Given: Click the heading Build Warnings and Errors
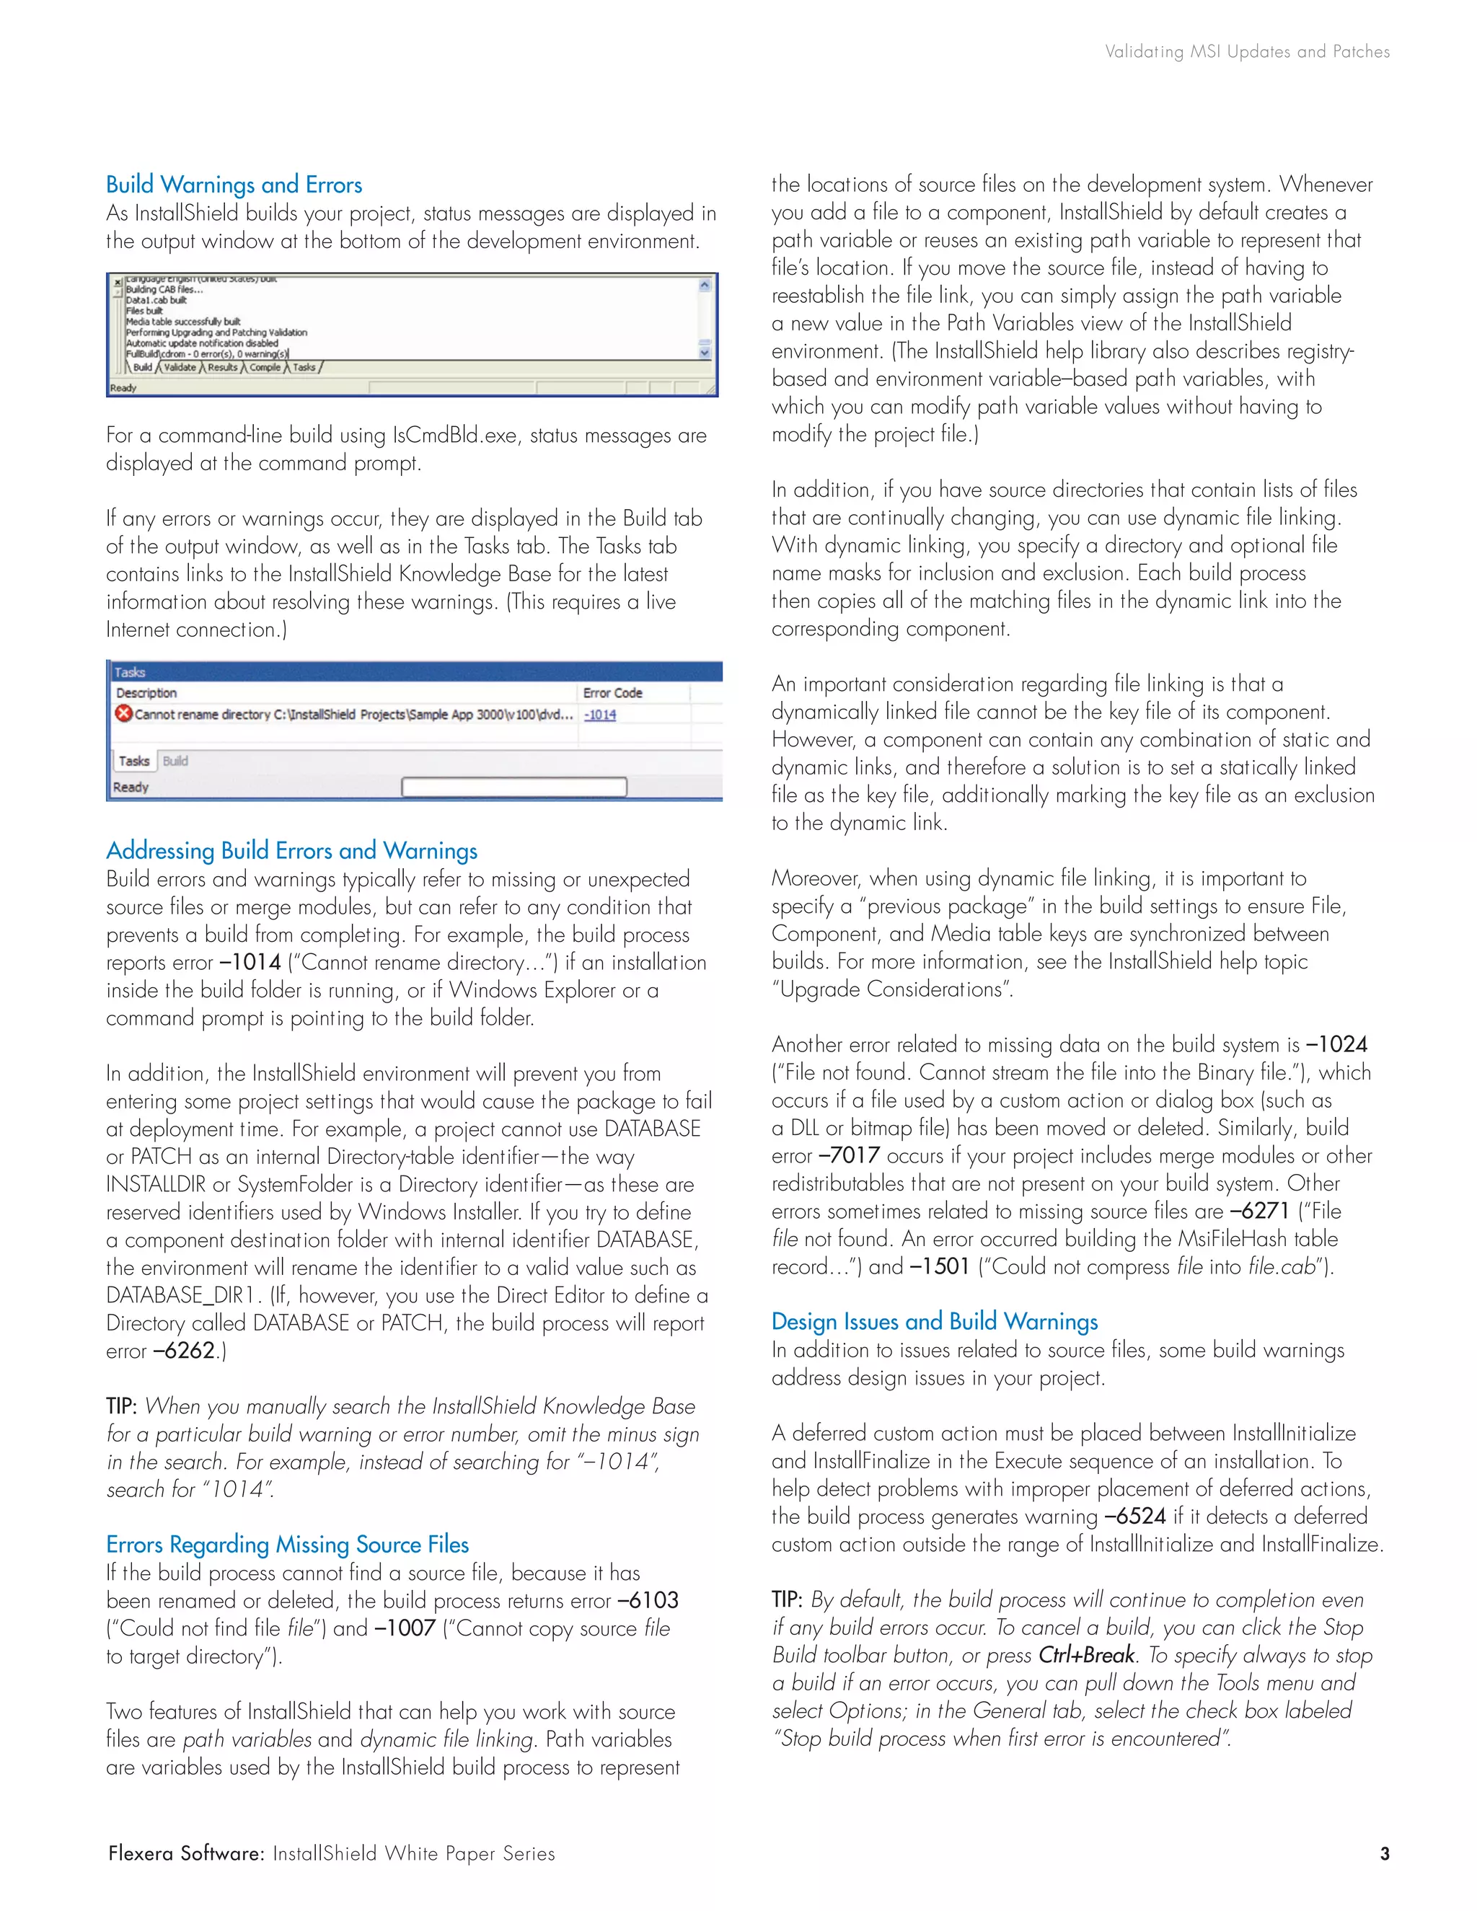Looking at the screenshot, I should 234,185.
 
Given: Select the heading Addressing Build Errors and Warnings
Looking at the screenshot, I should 291,850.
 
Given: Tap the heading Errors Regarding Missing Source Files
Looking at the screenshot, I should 287,1545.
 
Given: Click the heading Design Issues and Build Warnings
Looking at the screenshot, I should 935,1321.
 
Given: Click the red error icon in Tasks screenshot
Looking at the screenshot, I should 123,714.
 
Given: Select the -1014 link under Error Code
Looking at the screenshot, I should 600,715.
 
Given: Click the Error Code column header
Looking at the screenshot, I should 612,693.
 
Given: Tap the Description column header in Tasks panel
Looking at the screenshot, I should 146,693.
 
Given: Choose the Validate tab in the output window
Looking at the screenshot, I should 180,368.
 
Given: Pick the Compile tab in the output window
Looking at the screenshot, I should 264,368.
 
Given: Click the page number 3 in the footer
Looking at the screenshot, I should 1384,1853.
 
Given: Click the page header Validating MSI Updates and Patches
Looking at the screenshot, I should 1247,52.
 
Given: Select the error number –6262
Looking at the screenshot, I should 185,1351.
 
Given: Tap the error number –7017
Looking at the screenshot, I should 850,1156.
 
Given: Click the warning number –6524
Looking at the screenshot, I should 1135,1517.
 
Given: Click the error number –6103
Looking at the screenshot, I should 648,1600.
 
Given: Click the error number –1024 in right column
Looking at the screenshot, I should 1337,1045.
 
